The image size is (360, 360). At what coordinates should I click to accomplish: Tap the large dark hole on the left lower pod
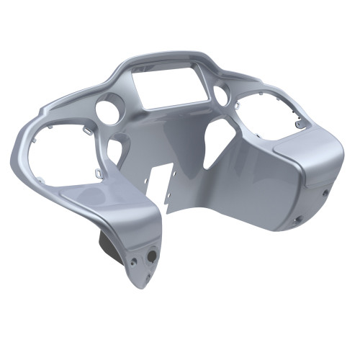coord(152,256)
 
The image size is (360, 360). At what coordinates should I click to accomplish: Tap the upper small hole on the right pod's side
coord(326,192)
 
